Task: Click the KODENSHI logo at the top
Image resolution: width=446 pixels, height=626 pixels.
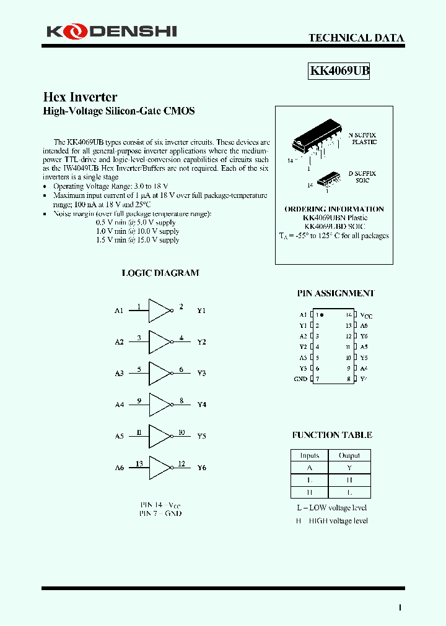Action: [x=111, y=30]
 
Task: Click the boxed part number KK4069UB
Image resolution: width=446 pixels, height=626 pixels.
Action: [x=339, y=71]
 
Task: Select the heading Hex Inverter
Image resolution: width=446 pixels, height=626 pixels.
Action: [x=80, y=97]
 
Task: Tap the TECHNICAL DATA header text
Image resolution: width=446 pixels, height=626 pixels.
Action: [x=356, y=38]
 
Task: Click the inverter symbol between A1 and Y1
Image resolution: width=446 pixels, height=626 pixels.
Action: [x=160, y=311]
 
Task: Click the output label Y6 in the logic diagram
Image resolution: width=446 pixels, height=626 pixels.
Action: [x=201, y=468]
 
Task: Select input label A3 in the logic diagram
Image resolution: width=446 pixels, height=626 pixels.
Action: [x=119, y=373]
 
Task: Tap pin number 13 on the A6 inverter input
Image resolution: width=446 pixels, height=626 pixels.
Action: [x=139, y=463]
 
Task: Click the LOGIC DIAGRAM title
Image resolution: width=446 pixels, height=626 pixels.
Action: [x=160, y=273]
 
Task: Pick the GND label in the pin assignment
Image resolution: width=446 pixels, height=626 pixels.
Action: [x=300, y=379]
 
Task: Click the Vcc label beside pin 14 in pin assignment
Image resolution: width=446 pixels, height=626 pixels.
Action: [x=366, y=315]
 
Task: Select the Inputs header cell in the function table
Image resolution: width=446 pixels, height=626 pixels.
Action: [x=309, y=455]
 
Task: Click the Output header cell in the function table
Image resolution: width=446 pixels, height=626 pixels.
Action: [x=349, y=455]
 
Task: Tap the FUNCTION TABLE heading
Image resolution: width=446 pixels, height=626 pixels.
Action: [x=332, y=435]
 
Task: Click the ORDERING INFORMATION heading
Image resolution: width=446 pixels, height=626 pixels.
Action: [x=334, y=209]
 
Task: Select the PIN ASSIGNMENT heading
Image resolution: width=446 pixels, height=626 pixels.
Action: [x=335, y=293]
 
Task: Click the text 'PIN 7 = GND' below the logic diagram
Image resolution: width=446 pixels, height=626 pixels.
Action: [x=160, y=513]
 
